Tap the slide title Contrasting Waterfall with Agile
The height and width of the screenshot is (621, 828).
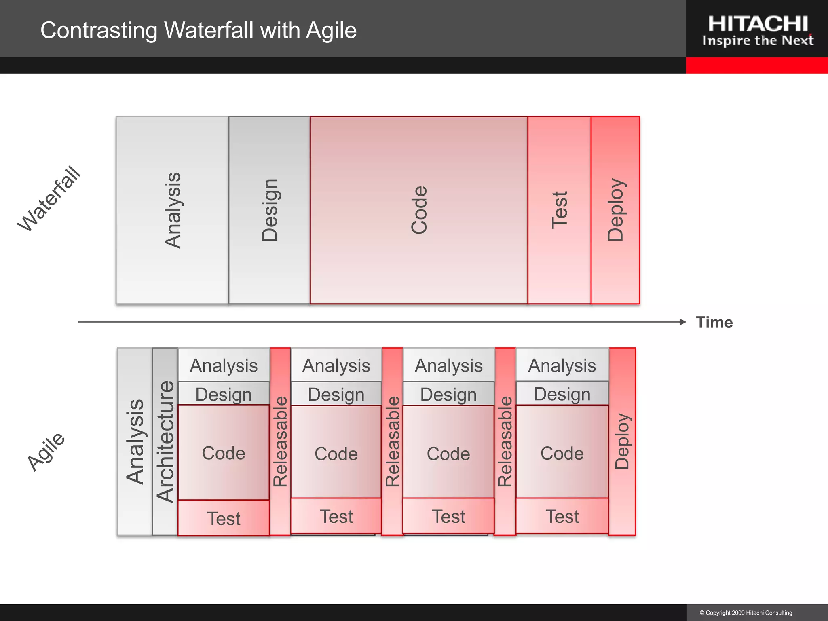tap(199, 30)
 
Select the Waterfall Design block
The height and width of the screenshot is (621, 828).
tap(269, 210)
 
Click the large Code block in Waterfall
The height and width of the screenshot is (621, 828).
tap(419, 210)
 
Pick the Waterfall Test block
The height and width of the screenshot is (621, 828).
tap(559, 210)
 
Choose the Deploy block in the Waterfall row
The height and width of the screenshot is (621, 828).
tap(615, 210)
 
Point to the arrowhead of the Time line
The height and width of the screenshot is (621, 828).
tap(683, 322)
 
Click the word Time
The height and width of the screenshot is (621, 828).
tap(714, 323)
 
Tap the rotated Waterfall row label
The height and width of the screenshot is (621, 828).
tap(49, 199)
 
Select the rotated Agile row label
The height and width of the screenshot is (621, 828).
tap(46, 452)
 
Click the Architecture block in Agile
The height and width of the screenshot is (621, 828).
tap(165, 441)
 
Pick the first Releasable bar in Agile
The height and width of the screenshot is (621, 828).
tap(280, 441)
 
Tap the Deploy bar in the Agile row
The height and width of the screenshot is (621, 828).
tap(622, 441)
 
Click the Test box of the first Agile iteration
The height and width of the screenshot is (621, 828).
tap(224, 518)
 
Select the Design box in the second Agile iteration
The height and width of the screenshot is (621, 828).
tap(336, 394)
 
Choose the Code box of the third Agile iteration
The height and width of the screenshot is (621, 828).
tap(448, 453)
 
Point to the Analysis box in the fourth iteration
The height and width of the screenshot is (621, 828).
tap(562, 365)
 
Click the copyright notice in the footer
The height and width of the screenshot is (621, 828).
tap(746, 613)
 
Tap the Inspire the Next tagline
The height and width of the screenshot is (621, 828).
tap(758, 41)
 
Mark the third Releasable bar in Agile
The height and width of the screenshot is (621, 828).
tap(505, 441)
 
